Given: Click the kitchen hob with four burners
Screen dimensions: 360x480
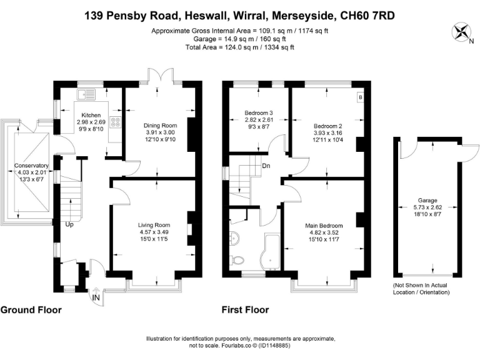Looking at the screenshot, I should tap(115, 122).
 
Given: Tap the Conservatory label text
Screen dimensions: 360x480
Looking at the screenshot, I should tap(30, 166).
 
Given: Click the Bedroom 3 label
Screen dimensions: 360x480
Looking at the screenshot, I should tap(257, 113).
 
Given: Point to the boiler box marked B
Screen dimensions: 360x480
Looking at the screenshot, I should tap(360, 97).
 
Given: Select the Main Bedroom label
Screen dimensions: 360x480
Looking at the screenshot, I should tap(324, 225).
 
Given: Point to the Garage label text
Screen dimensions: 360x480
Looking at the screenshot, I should tap(427, 201).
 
